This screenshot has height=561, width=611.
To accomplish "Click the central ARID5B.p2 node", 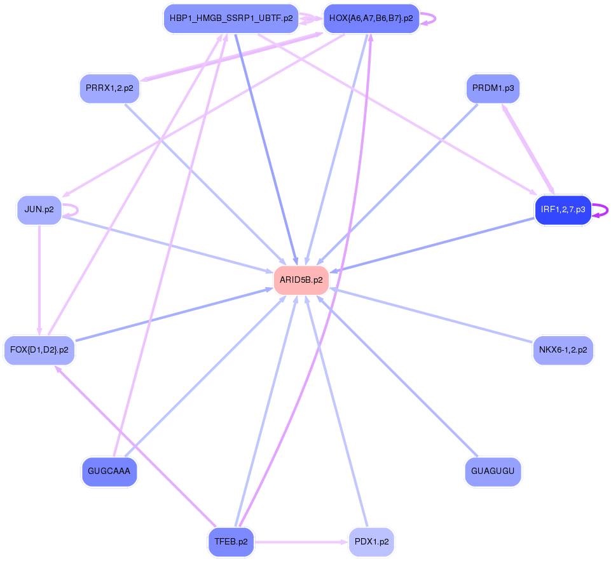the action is tap(301, 280).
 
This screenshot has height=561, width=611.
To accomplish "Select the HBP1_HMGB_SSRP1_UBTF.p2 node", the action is tap(231, 18).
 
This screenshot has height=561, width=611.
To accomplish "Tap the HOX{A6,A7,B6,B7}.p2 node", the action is tap(371, 18).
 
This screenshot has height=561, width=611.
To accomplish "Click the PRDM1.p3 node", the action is tap(493, 88).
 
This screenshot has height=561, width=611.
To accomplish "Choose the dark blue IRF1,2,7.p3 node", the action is tap(563, 210).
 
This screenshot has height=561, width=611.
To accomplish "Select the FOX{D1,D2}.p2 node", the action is tap(39, 350).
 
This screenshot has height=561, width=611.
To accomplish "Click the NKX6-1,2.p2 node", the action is tap(563, 350).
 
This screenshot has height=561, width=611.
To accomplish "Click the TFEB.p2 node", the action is tap(231, 542).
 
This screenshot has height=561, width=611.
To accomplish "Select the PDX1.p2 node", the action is tap(371, 542).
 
